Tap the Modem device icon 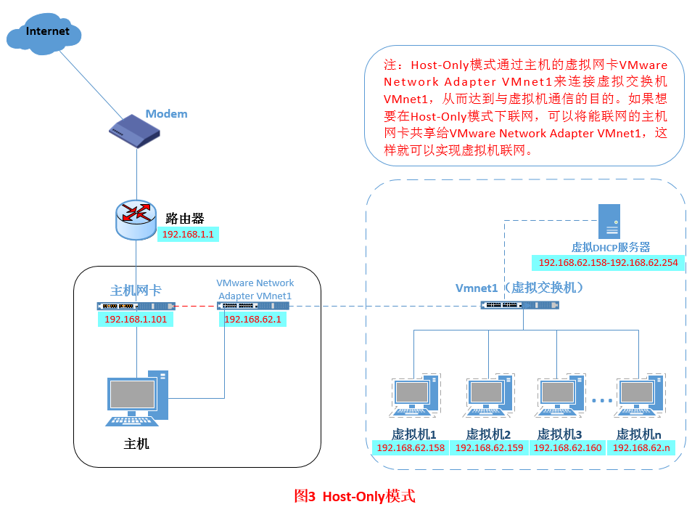coord(134,129)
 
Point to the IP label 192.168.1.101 coord(135,319)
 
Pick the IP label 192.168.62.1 coord(254,319)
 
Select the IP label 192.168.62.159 coord(489,448)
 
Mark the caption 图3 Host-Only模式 coord(355,496)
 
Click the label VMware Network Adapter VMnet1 coord(255,289)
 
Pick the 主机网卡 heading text coord(136,291)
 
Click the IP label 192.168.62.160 coord(567,448)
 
